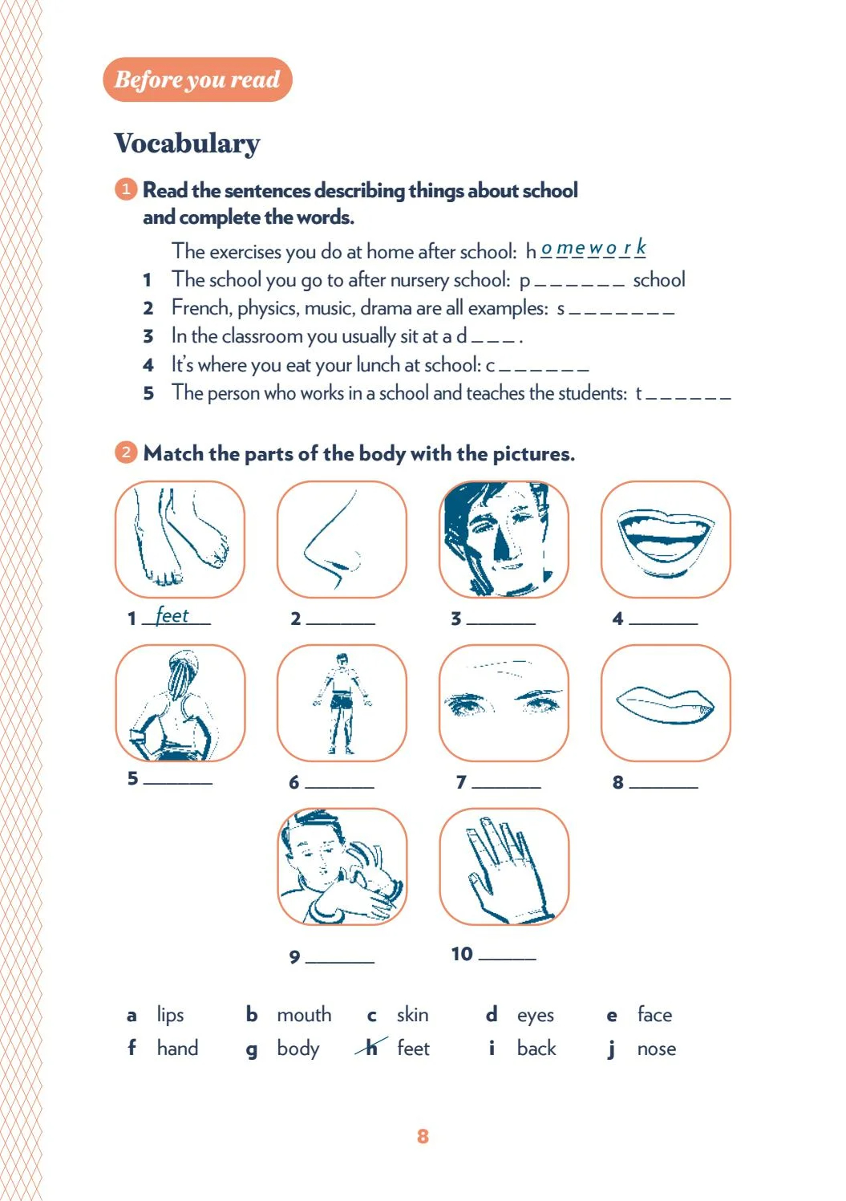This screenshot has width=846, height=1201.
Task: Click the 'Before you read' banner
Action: click(x=197, y=79)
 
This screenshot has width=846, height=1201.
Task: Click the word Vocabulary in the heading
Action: click(x=187, y=144)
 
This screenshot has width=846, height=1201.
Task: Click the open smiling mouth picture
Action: click(x=666, y=540)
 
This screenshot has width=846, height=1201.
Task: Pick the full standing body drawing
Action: click(x=342, y=703)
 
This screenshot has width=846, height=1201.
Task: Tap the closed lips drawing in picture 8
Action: click(x=666, y=704)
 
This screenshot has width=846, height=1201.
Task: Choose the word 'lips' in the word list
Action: click(x=170, y=1015)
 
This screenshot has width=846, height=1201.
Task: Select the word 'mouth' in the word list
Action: click(x=304, y=1015)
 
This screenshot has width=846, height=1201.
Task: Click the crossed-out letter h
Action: click(x=371, y=1048)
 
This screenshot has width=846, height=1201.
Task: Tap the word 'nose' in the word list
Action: click(x=656, y=1049)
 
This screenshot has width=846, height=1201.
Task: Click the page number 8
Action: click(x=423, y=1136)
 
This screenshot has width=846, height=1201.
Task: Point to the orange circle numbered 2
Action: click(x=126, y=452)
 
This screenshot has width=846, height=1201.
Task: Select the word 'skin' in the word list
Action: click(x=412, y=1015)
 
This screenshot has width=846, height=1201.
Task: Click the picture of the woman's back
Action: click(x=180, y=703)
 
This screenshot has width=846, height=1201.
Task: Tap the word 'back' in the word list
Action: click(x=536, y=1049)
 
